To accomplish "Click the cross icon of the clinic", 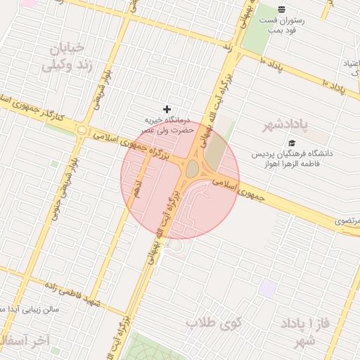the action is [167, 109].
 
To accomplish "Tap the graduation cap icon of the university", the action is [292, 142].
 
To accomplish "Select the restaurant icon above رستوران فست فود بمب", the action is [281, 9].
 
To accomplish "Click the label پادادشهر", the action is [286, 126].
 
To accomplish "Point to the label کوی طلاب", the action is [213, 323].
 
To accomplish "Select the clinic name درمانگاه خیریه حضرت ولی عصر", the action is [167, 125].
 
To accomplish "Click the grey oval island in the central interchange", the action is [191, 169].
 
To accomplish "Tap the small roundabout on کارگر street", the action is [83, 130].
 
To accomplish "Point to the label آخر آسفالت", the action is [28, 341].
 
